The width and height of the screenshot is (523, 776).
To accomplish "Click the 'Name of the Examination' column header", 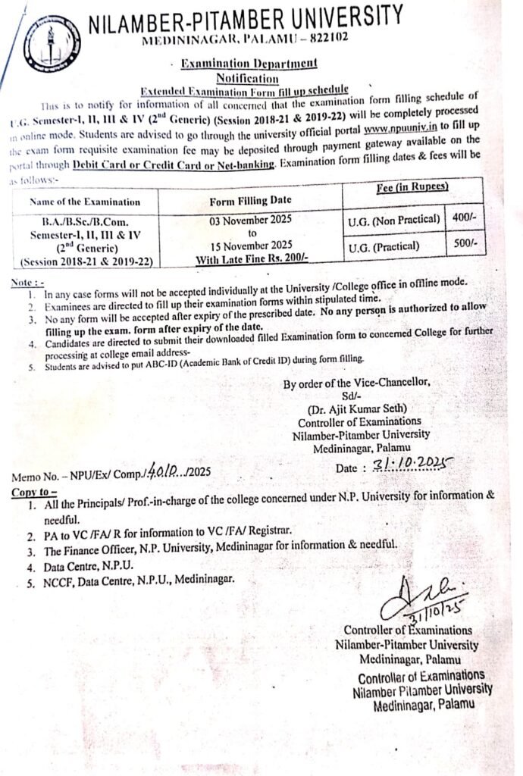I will point(85,202).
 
